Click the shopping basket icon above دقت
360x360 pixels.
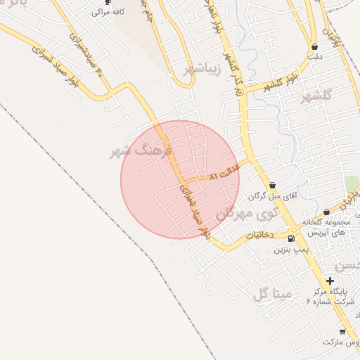(x=314, y=47)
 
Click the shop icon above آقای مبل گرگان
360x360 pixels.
(x=272, y=186)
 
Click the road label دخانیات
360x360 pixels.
(x=260, y=237)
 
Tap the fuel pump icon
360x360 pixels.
(x=291, y=239)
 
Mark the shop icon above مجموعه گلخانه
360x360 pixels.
(x=326, y=212)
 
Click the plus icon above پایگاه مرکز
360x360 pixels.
(x=330, y=281)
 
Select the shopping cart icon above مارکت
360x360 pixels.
(x=342, y=331)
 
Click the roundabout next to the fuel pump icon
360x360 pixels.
(x=295, y=229)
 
